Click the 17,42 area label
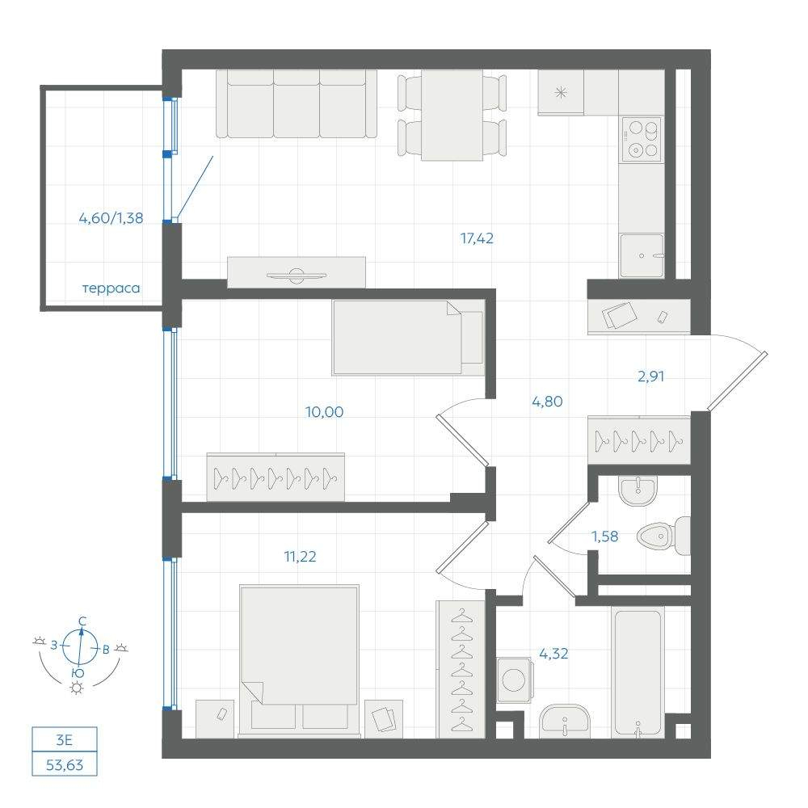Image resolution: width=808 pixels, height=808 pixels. point(477,238)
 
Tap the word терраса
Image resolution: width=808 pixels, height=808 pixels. point(111,288)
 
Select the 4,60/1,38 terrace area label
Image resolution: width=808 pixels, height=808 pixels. point(111,218)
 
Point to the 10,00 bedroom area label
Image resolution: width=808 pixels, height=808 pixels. point(324,412)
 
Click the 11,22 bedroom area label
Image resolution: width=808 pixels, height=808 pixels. point(300,557)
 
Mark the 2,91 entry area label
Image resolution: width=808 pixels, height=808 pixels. point(650,377)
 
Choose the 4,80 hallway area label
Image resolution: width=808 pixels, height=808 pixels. point(547,402)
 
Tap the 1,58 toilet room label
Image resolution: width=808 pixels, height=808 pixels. point(604,537)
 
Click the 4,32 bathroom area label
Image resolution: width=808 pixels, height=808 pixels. point(553,654)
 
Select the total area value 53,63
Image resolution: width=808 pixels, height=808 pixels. point(65,765)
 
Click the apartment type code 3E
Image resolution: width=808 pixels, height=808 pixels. point(65,740)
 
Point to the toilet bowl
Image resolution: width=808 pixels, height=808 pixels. point(663,536)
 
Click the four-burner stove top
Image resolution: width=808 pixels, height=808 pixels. point(642,139)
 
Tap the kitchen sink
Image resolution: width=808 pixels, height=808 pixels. point(642,255)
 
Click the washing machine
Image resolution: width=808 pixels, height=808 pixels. point(514,680)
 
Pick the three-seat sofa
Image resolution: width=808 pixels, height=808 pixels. point(297,104)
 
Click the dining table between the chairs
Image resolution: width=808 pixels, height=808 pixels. point(452,116)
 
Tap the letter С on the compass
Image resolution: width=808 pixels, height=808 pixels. point(82,621)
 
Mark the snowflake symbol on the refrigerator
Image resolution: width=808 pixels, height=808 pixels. point(560,93)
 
